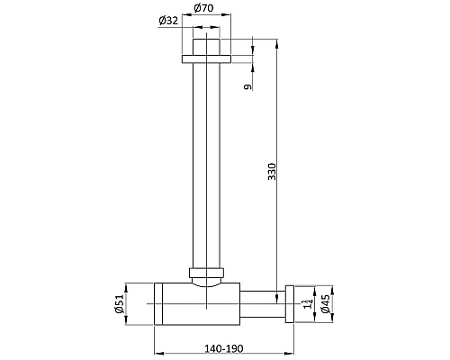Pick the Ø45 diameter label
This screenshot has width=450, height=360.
[325, 303]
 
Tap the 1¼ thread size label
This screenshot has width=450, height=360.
[307, 304]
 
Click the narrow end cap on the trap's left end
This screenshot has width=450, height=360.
[159, 303]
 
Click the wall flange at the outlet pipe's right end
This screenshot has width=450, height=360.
[289, 303]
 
